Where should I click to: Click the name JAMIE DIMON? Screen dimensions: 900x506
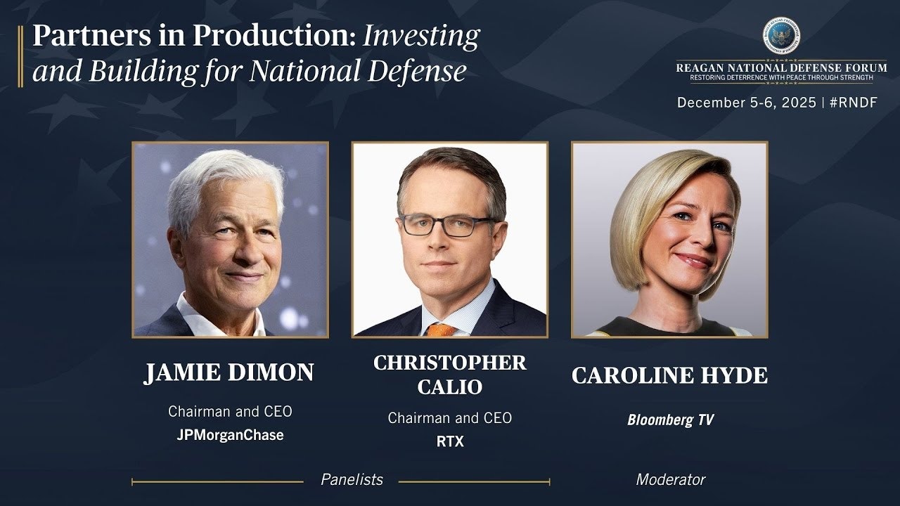229,372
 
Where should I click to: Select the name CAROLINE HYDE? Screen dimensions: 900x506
670,375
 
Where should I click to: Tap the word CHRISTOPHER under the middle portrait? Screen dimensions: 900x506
449,363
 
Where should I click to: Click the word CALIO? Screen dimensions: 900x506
449,387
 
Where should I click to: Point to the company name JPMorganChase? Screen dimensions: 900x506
230,435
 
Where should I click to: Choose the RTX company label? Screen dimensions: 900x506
450,442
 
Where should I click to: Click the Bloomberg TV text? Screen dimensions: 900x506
670,420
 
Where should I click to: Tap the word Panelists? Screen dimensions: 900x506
352,479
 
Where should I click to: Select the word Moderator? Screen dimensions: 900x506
671,479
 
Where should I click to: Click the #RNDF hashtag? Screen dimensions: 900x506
854,103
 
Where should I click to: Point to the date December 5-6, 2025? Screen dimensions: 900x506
747,103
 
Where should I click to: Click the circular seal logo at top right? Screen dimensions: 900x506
781,35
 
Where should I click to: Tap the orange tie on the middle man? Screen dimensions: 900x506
441,330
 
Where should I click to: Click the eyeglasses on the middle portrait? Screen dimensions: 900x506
446,226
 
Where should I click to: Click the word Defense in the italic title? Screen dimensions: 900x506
417,71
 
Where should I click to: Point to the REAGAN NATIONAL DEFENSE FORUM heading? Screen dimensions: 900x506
781,67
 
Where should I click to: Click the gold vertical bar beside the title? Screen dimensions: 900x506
20,56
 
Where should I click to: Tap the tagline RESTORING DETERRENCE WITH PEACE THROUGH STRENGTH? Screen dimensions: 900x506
781,77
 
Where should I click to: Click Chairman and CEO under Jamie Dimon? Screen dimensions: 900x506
230,412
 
